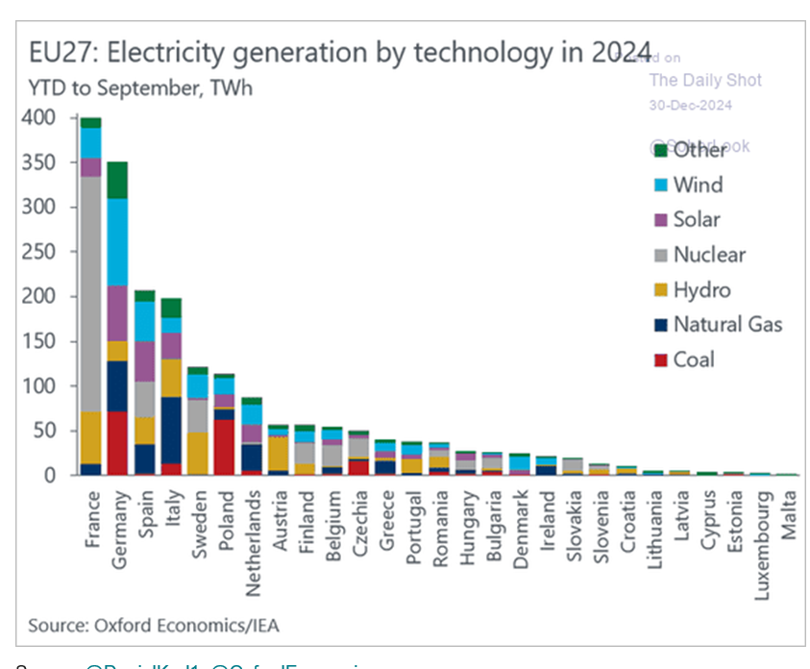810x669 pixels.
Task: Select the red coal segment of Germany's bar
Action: [x=117, y=443]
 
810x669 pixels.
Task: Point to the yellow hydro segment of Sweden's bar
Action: [x=198, y=453]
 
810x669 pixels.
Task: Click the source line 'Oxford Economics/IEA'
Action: [x=154, y=625]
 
